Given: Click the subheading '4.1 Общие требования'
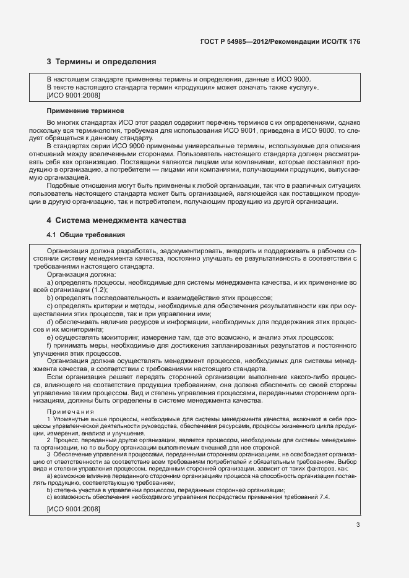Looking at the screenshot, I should pos(86,235).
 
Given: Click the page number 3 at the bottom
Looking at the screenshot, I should pos(358,525).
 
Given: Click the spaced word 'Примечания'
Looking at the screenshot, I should pos(71,411).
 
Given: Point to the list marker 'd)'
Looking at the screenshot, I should pos(50,322).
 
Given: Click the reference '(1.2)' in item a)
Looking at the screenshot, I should pos(82,290).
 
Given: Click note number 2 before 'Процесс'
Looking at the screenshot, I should pos(49,440).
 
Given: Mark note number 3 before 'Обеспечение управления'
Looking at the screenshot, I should pos(49,454).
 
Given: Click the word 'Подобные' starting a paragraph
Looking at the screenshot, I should pos(63,186).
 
